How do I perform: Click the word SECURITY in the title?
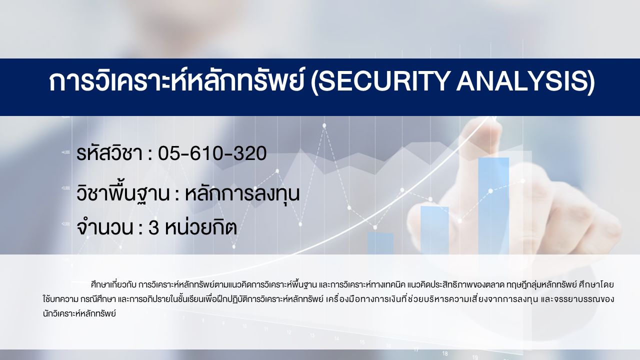click(x=382, y=81)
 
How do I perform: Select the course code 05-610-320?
click(x=212, y=153)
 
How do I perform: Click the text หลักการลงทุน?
click(x=242, y=193)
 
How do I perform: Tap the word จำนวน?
click(x=104, y=227)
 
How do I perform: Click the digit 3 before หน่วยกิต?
click(x=153, y=228)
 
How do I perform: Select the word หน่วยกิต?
click(x=201, y=227)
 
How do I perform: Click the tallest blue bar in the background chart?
click(x=493, y=205)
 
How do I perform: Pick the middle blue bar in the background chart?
click(x=434, y=230)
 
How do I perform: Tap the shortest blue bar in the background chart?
click(x=380, y=243)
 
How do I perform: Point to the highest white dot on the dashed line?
click(x=324, y=125)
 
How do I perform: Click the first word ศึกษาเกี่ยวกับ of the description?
click(x=114, y=285)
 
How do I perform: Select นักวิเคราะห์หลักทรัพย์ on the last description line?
click(x=79, y=313)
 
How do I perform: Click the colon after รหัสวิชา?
click(x=150, y=155)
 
